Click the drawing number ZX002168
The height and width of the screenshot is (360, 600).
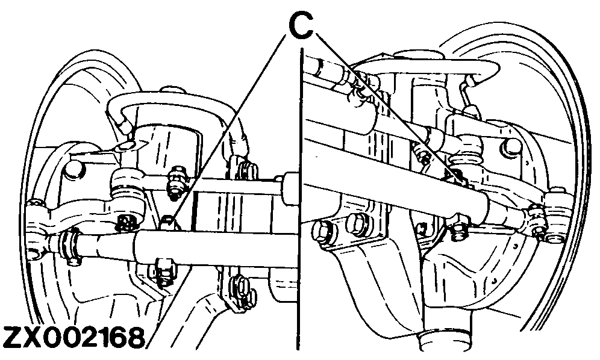[73, 338]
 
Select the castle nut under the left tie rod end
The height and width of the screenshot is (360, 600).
[126, 222]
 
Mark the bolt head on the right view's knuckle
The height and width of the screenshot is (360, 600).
[513, 146]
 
